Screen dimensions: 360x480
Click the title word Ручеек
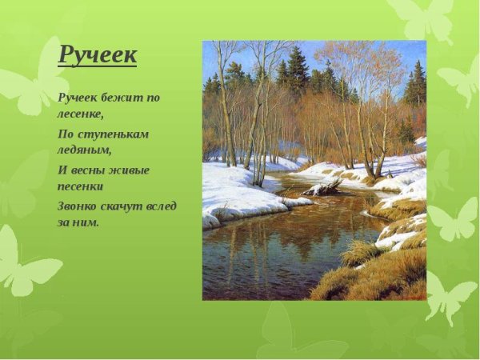98,55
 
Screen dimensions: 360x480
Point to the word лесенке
82,113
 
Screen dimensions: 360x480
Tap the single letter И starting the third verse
62,170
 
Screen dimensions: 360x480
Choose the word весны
89,170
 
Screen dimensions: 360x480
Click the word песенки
82,185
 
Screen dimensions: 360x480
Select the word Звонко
79,206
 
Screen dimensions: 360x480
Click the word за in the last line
65,222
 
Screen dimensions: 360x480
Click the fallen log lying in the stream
323,187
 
